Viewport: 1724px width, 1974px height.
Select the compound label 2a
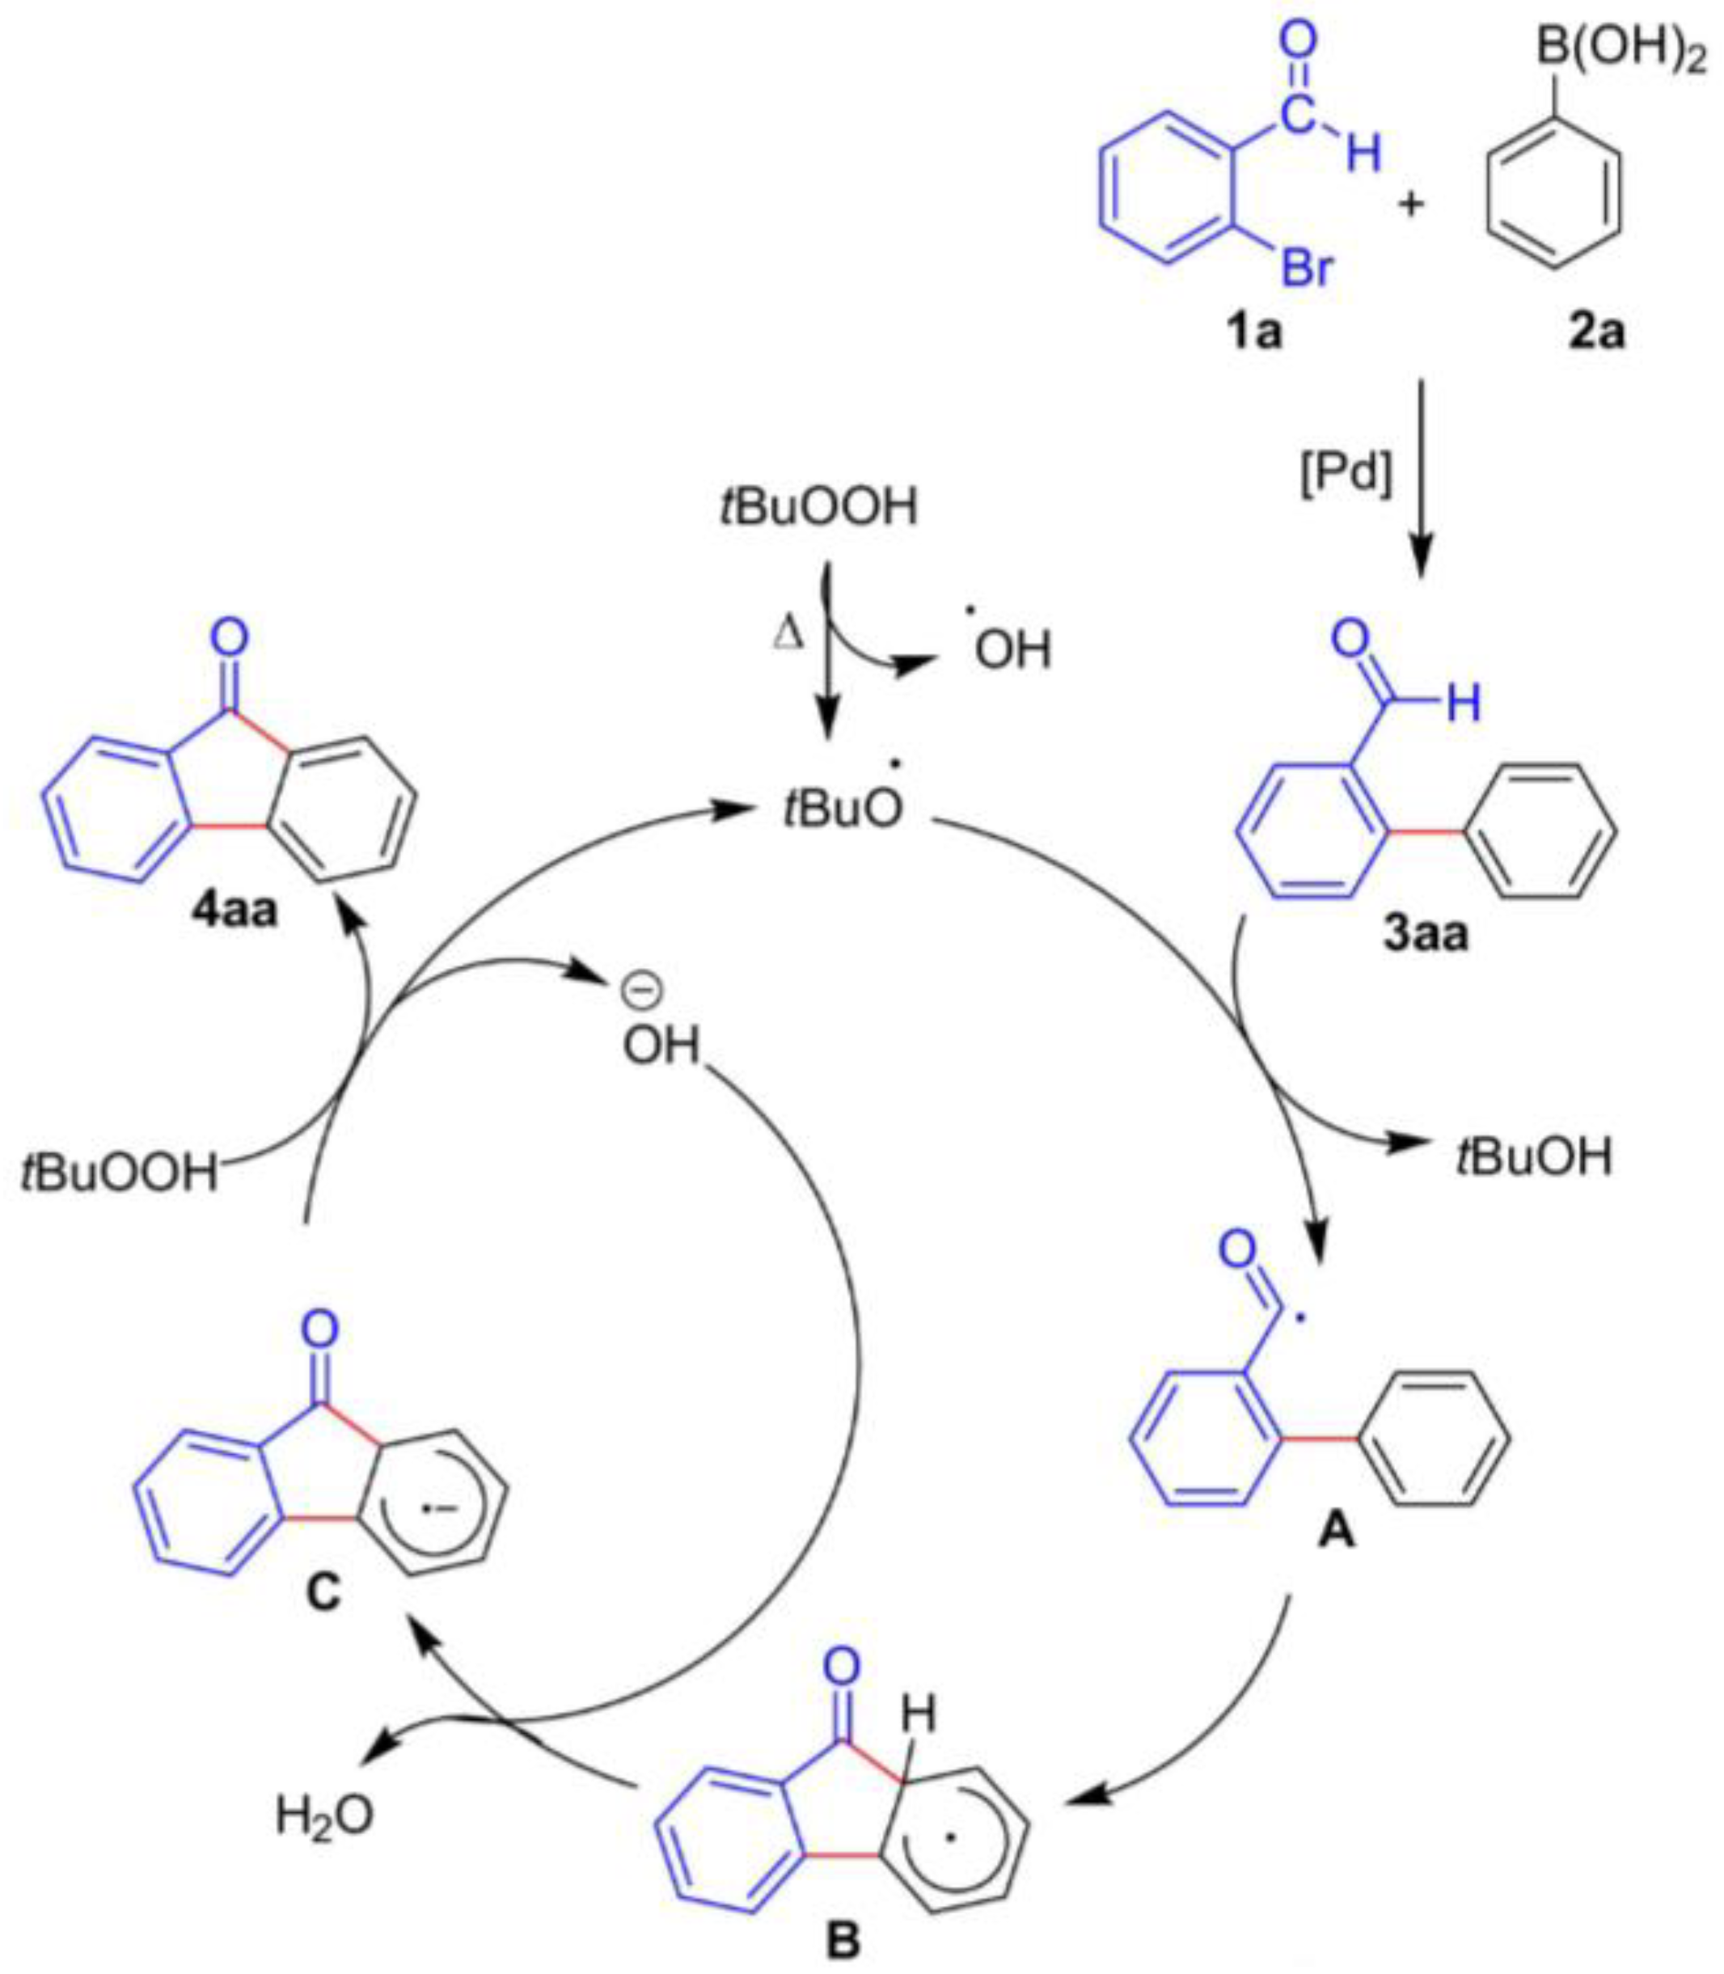tap(1597, 334)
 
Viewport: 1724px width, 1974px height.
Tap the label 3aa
tap(1426, 932)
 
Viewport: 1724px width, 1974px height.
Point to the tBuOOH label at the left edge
tap(120, 1174)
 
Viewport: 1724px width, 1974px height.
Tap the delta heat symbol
tap(787, 635)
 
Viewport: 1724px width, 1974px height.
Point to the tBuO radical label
tap(843, 808)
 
